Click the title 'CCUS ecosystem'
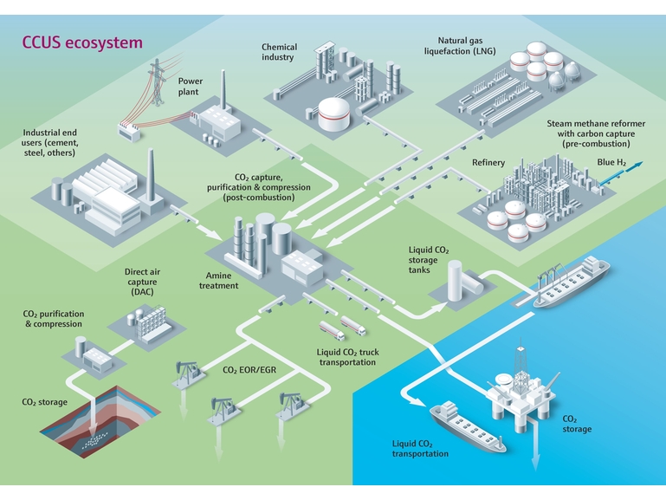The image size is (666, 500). click(82, 43)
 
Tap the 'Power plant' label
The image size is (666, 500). click(190, 87)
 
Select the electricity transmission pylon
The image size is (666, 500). click(157, 82)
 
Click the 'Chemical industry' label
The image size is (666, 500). click(279, 52)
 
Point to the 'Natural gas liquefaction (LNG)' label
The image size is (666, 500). click(460, 46)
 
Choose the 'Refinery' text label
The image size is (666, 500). click(488, 162)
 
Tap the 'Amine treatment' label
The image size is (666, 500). click(219, 281)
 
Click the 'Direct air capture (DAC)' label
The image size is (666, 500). click(142, 282)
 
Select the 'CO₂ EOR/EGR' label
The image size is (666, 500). click(249, 370)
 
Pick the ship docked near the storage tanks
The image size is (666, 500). click(572, 282)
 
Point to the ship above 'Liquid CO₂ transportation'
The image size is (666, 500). click(467, 426)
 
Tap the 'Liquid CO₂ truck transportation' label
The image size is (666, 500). click(347, 357)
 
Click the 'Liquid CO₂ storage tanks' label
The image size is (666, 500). click(429, 260)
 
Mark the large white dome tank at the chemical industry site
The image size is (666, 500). click(333, 114)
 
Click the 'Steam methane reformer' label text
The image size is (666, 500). click(596, 124)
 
